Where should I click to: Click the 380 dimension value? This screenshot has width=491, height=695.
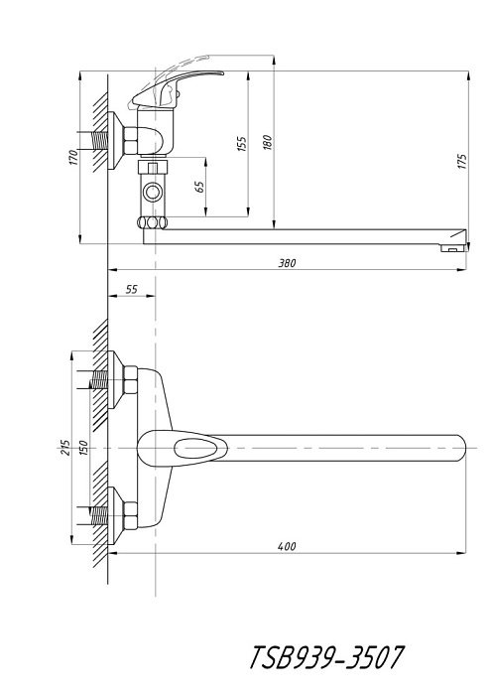pos(287,263)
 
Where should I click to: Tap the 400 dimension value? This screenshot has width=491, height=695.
pos(287,546)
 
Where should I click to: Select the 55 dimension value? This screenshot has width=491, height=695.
pos(132,290)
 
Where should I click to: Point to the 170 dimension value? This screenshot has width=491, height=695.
pos(73,157)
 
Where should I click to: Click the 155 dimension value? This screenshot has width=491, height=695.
pos(242,144)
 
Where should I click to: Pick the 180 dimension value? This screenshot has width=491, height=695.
pos(268,142)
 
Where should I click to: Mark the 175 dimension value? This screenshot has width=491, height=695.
pos(462,161)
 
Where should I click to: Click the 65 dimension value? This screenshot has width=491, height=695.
pos(200,187)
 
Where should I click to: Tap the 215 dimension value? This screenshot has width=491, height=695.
pos(65,447)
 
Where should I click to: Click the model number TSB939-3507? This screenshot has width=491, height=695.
pos(326,657)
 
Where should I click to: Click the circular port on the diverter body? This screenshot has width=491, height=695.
pos(153,193)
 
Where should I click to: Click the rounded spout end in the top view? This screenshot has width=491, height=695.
pos(461,447)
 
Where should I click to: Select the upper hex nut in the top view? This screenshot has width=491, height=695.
pos(130,379)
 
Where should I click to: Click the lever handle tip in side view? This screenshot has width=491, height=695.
pos(218,73)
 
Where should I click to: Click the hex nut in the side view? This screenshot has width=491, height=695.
pos(131,141)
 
